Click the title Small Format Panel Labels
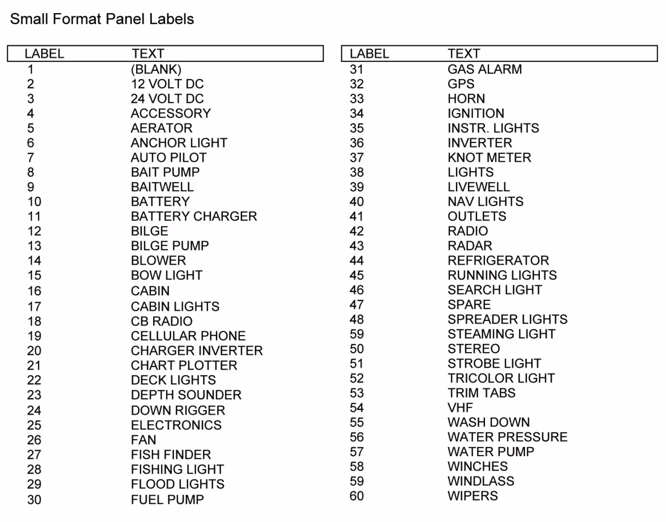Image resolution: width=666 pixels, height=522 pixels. click(x=102, y=19)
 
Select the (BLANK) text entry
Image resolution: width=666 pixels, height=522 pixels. click(x=156, y=69)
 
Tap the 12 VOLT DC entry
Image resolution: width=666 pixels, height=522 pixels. click(x=167, y=84)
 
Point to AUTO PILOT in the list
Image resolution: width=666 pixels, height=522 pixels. click(x=168, y=157)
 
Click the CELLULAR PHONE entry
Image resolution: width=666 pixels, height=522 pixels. click(x=188, y=336)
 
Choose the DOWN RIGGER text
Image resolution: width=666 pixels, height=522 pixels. click(x=178, y=410)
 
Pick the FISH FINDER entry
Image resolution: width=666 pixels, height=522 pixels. click(x=171, y=455)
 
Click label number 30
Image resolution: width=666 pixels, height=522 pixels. click(x=34, y=500)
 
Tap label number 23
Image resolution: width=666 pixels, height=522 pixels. click(x=34, y=395)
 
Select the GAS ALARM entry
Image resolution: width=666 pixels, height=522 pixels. click(x=484, y=69)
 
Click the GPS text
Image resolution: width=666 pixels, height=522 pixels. click(x=461, y=84)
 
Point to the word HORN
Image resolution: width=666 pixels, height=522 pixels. click(x=466, y=99)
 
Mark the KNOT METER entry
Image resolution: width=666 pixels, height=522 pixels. click(x=489, y=157)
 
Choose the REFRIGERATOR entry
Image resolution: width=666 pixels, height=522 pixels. click(x=498, y=260)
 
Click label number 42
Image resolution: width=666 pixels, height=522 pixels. click(x=357, y=231)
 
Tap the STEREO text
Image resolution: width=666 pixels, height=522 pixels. click(x=473, y=349)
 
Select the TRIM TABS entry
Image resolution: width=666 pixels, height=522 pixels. click(x=482, y=393)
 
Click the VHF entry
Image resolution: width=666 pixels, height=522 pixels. click(x=460, y=407)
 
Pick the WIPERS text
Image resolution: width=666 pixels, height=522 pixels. click(x=473, y=496)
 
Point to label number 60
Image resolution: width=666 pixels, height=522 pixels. click(x=357, y=496)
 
